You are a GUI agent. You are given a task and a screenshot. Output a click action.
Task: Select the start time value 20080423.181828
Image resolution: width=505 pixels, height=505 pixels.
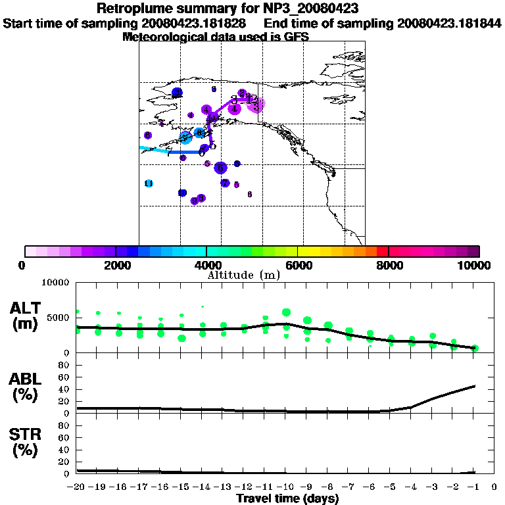(x=194, y=24)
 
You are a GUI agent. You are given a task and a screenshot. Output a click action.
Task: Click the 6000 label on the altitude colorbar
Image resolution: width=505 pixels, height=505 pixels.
(x=298, y=265)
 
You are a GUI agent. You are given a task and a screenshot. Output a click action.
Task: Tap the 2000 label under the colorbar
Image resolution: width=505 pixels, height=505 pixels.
(x=115, y=265)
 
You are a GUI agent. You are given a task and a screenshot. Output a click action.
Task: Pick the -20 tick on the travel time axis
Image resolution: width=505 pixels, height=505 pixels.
(x=76, y=488)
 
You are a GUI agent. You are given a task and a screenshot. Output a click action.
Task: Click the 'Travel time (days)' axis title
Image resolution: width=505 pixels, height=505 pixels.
(x=287, y=498)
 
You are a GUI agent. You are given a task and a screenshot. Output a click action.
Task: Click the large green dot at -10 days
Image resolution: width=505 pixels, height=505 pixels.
(x=286, y=313)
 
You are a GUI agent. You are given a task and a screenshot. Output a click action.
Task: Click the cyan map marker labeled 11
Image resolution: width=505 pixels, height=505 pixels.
(x=149, y=183)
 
